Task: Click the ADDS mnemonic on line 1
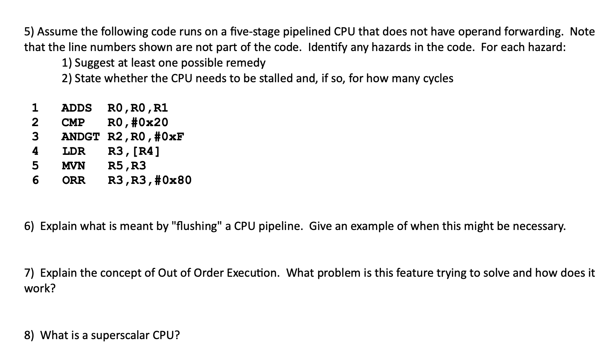pyautogui.click(x=76, y=107)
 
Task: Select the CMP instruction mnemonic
pyautogui.click(x=73, y=122)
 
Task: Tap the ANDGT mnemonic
pyautogui.click(x=80, y=136)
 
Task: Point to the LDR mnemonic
pyautogui.click(x=74, y=151)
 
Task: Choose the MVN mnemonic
pyautogui.click(x=73, y=165)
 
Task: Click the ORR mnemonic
pyautogui.click(x=74, y=180)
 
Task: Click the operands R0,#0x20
pyautogui.click(x=138, y=122)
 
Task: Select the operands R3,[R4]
pyautogui.click(x=134, y=151)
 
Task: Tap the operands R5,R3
pyautogui.click(x=127, y=165)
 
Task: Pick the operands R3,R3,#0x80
pyautogui.click(x=149, y=180)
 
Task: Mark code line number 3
pyautogui.click(x=35, y=136)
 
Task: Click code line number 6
pyautogui.click(x=35, y=180)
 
